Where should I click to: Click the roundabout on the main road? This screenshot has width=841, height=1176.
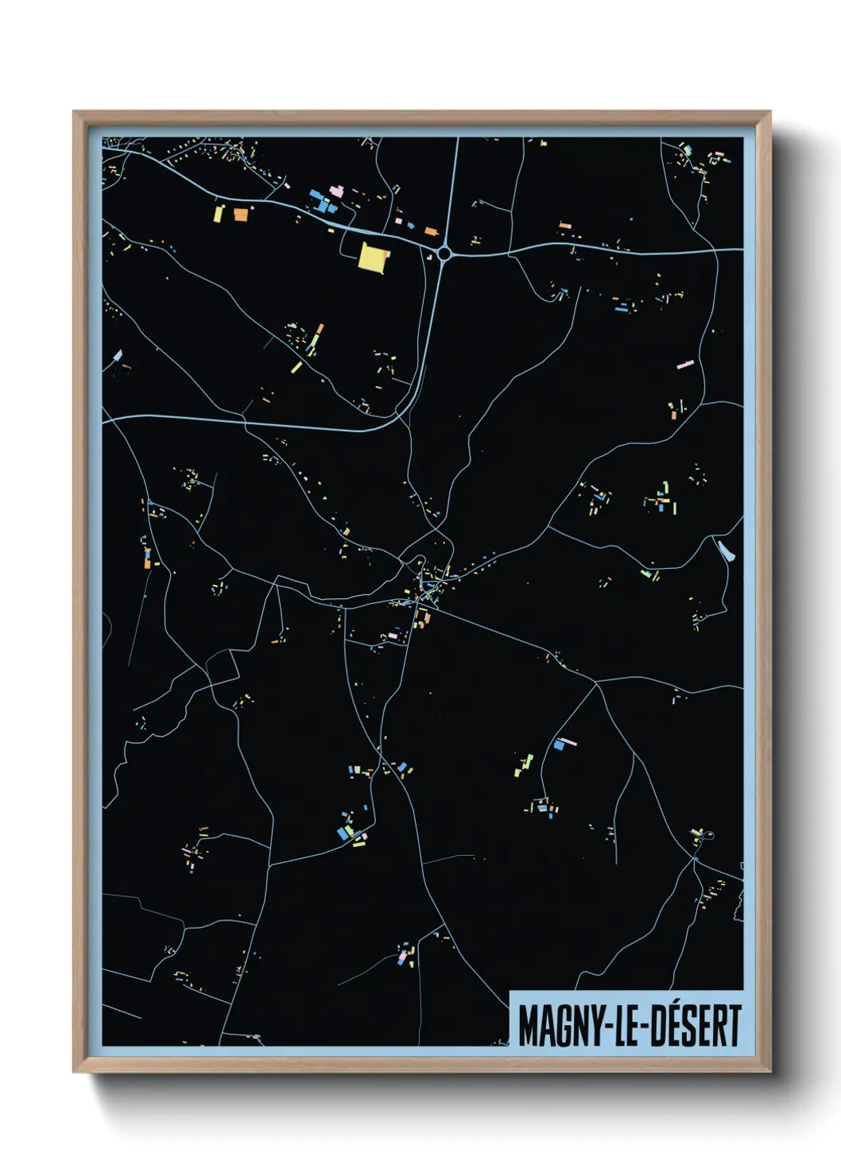pyautogui.click(x=444, y=253)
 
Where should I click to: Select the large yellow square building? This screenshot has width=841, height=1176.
pyautogui.click(x=372, y=257)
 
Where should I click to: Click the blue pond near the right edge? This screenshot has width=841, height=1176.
pyautogui.click(x=725, y=551)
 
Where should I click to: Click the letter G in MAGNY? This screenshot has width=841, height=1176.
pyautogui.click(x=560, y=1026)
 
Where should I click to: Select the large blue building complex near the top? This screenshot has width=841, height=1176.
pyautogui.click(x=321, y=199)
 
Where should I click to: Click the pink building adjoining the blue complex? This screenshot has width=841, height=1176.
pyautogui.click(x=337, y=191)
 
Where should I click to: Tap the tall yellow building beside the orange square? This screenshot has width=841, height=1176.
pyautogui.click(x=219, y=213)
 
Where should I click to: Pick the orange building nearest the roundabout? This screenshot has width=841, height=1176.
pyautogui.click(x=431, y=231)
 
